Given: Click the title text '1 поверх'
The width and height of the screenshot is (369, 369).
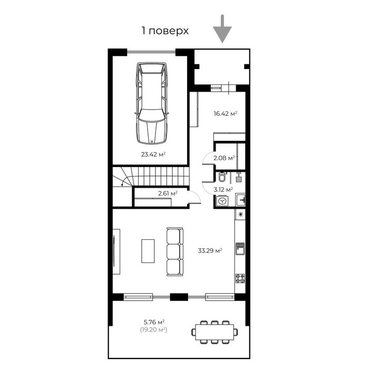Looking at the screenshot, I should [165, 31].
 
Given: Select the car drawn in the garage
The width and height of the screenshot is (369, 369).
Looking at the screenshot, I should [151, 103].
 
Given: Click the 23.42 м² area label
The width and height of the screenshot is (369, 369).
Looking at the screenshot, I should [153, 154].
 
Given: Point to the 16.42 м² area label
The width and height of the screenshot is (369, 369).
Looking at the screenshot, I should [225, 113].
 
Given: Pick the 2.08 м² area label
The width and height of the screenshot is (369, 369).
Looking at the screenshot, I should [224, 157].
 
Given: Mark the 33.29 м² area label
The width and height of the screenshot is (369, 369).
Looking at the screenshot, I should [209, 251].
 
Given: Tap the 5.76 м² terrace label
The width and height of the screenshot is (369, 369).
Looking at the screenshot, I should [153, 322].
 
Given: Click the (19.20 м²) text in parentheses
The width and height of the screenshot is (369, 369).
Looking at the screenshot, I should [153, 329].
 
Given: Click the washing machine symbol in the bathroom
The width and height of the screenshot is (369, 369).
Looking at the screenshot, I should [222, 200].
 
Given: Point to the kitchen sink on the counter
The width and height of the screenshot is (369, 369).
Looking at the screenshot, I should [240, 248].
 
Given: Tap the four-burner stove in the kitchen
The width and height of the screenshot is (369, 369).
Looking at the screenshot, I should [240, 278].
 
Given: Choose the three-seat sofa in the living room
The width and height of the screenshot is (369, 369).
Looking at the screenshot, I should [174, 251].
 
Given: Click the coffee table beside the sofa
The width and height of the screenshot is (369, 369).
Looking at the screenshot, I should [148, 251].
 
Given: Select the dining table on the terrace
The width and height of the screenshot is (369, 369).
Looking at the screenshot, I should [214, 332].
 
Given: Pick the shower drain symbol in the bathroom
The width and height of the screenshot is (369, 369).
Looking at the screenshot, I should [239, 179].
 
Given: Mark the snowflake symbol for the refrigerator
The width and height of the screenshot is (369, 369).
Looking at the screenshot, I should [240, 215].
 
